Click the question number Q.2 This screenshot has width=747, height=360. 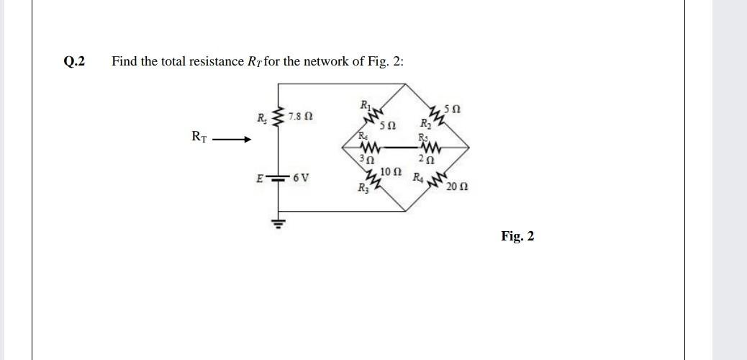[x=73, y=62]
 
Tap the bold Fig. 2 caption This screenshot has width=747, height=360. [x=517, y=236]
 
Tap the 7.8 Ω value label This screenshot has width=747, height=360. [x=299, y=116]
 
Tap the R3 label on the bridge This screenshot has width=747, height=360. [x=363, y=189]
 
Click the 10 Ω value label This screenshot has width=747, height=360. [x=391, y=171]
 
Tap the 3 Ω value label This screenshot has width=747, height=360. [x=365, y=158]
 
